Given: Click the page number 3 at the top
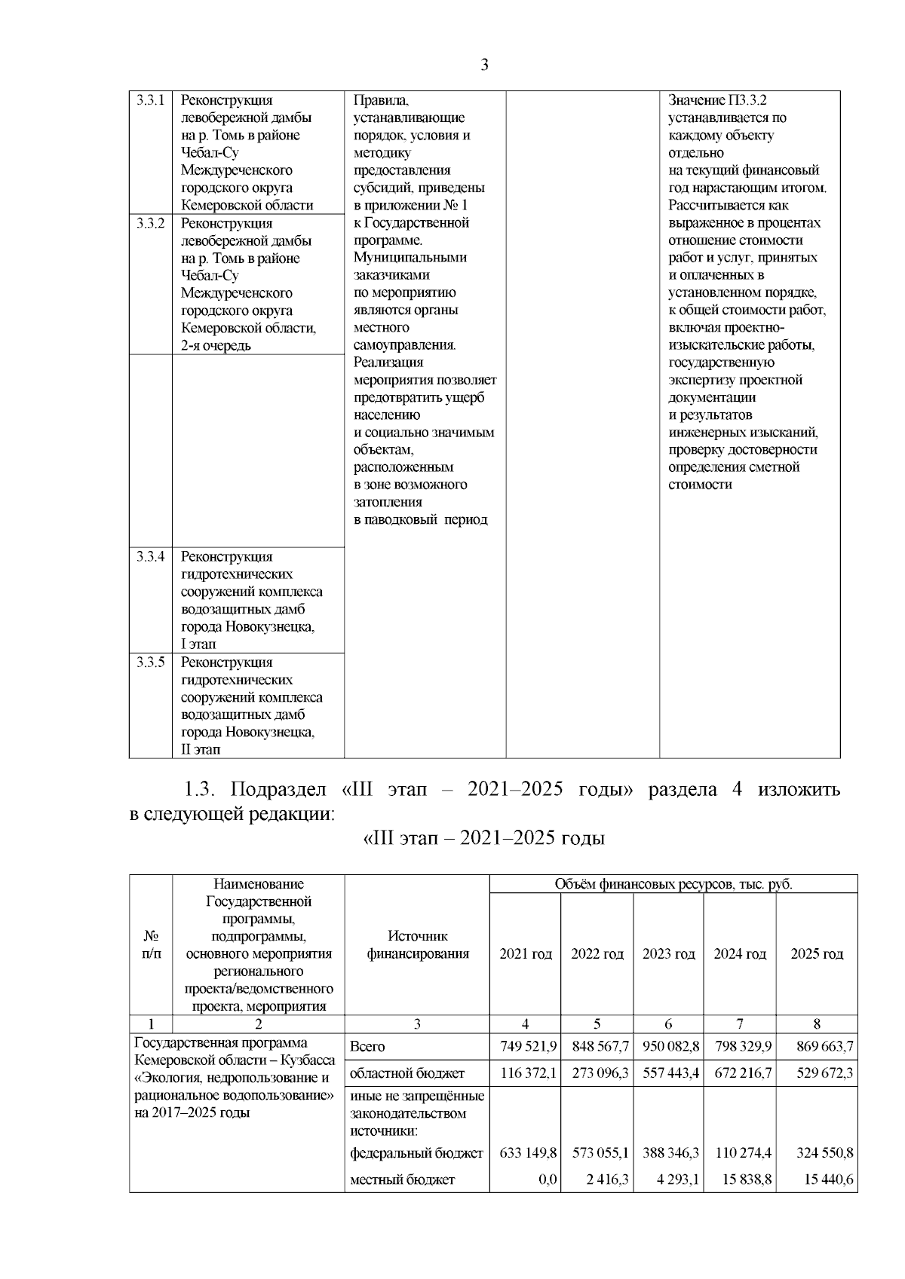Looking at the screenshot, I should click(x=484, y=65).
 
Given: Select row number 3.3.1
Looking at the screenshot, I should click(x=151, y=100).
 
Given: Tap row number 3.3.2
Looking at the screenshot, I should click(x=151, y=223).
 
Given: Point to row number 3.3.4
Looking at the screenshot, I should click(x=151, y=557).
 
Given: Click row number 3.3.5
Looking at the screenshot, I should click(x=151, y=662).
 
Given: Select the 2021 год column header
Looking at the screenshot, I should click(x=525, y=954).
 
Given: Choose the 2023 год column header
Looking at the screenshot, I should click(x=668, y=954).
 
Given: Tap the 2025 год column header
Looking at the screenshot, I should click(x=817, y=954).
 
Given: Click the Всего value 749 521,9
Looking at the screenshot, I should click(x=528, y=1046).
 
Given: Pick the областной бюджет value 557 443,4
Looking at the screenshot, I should click(x=670, y=1072).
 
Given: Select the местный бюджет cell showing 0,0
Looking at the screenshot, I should click(x=548, y=1180).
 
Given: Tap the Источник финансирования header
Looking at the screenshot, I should click(x=417, y=945).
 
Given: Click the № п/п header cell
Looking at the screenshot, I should click(x=151, y=945).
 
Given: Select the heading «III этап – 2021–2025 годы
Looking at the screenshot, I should click(x=484, y=838).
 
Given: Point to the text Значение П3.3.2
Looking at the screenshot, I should click(x=717, y=100).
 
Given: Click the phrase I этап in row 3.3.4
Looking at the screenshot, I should click(x=198, y=644).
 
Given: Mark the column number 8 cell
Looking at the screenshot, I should click(x=817, y=1024).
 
